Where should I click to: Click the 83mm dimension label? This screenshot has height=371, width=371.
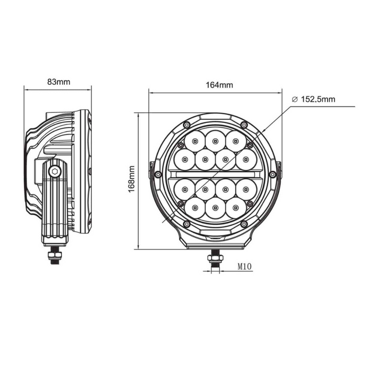pos(58,82)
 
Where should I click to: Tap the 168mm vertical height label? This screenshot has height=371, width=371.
pos(131,179)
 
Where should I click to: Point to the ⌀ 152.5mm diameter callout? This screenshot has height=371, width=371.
pos(313,99)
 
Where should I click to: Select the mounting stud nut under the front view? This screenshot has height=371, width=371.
pos(215,259)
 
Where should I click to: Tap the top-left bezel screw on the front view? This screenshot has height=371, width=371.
pos(186,125)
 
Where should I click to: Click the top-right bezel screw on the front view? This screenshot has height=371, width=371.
pos(244,125)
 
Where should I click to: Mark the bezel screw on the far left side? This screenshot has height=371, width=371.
pos(157,174)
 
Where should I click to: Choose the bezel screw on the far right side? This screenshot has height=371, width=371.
pos(272,174)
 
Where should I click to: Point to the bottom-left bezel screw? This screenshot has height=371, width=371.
pos(186,224)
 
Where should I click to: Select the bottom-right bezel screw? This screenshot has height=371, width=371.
pos(244,224)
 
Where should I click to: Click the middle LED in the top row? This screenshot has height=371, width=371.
pos(215,140)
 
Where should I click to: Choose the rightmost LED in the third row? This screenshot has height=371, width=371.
pos(246,189)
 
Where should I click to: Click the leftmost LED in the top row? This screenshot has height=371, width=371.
pos(195,140)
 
